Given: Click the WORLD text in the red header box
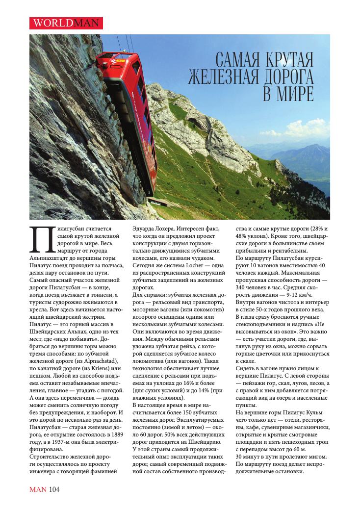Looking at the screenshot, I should pos(49,23).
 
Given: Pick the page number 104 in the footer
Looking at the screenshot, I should pos(55,488).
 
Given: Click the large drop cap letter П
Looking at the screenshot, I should pos(40,239).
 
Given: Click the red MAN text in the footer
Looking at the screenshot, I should pos(38,488).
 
